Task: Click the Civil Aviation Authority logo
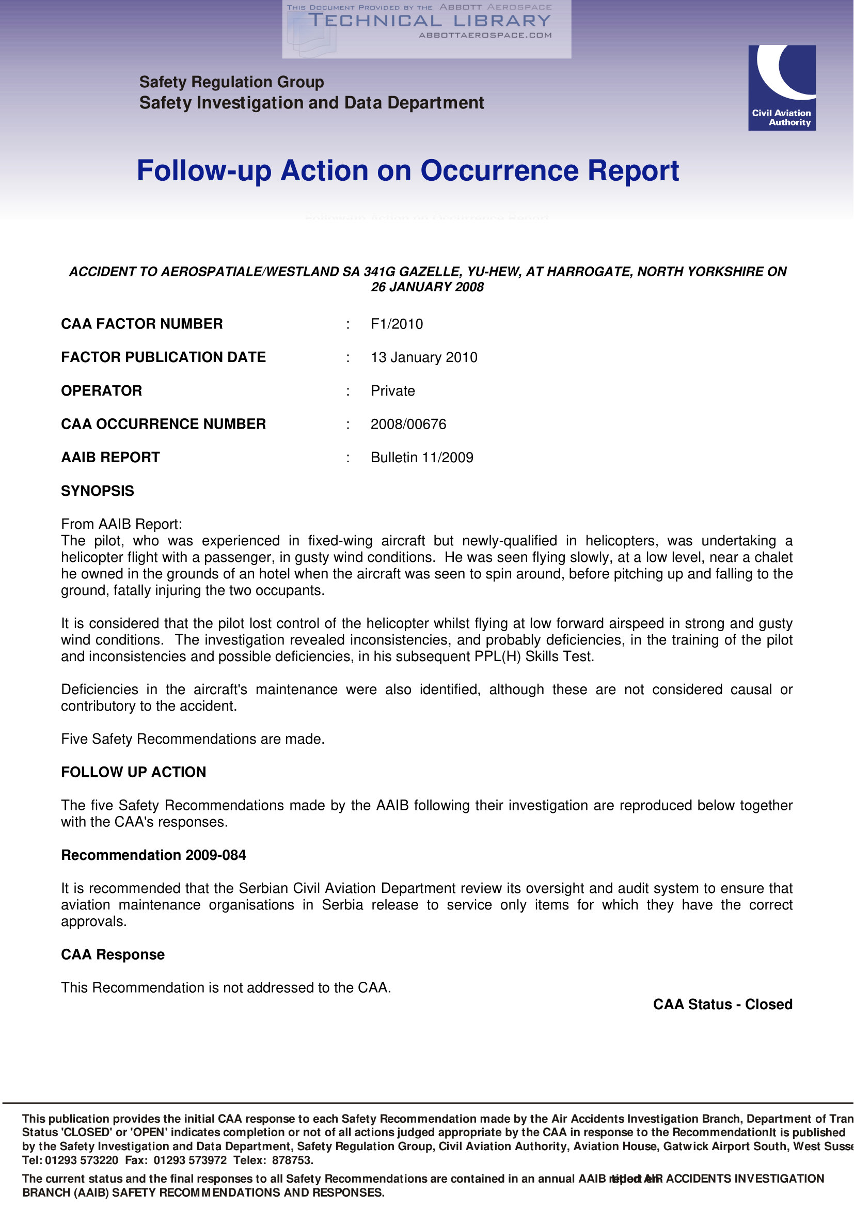coord(781,87)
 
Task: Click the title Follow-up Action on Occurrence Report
coord(407,170)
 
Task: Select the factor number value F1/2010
coord(397,324)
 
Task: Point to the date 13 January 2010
coord(424,357)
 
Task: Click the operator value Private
coord(392,390)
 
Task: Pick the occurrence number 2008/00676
coord(408,424)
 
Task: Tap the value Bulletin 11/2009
coord(422,457)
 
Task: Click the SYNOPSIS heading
coord(97,491)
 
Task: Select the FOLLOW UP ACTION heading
coord(134,772)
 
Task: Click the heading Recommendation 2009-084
coord(153,855)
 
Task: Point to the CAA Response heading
coord(113,954)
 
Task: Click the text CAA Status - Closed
coord(722,1005)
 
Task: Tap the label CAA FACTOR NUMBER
coord(141,324)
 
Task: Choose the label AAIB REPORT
coord(110,457)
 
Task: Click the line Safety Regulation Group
coord(231,82)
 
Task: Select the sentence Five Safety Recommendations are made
coord(193,739)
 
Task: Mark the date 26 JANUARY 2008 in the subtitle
coord(427,287)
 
